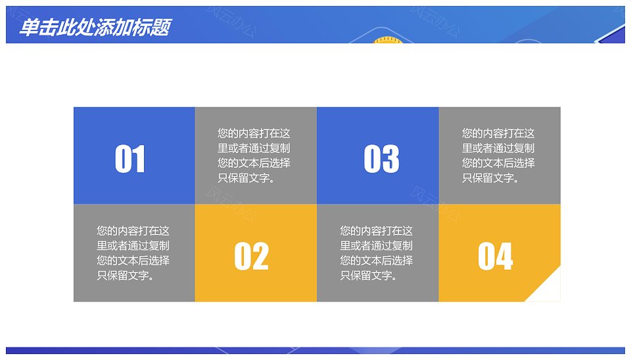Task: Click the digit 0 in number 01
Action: [x=123, y=159]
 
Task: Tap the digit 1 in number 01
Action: [x=139, y=159]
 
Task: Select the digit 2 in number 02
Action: [x=260, y=256]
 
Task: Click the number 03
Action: [x=381, y=159]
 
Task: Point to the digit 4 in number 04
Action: [x=504, y=256]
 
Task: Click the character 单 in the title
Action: [x=28, y=28]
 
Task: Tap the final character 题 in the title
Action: [x=162, y=28]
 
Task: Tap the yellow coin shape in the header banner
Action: [x=385, y=40]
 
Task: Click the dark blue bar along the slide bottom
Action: [x=315, y=350]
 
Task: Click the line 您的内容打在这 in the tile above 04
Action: [x=498, y=133]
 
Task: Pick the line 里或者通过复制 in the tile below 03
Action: [x=376, y=246]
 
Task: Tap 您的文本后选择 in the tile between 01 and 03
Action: [x=254, y=163]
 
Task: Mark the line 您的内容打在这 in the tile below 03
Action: [x=376, y=231]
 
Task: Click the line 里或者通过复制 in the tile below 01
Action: [x=133, y=246]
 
